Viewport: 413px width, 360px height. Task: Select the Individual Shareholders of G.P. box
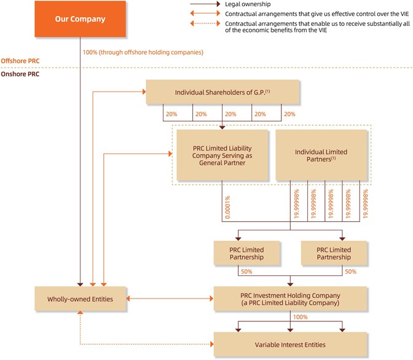click(x=222, y=93)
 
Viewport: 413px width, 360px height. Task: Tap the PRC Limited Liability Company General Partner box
click(x=222, y=156)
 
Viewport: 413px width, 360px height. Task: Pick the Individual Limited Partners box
click(x=321, y=156)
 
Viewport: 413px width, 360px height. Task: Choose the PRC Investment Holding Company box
click(x=290, y=300)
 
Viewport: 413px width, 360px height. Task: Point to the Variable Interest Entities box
click(x=290, y=344)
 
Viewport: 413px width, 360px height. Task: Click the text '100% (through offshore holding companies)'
click(x=143, y=52)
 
